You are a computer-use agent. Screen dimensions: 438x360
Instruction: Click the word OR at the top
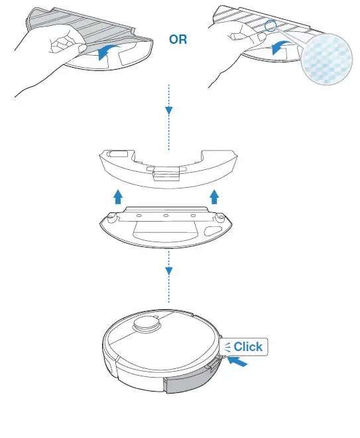178,39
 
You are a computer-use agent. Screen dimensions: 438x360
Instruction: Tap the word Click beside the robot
248,346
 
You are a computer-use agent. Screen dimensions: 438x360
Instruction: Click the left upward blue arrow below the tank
117,196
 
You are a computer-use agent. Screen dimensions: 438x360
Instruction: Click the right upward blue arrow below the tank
214,196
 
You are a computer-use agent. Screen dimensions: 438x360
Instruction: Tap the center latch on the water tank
166,173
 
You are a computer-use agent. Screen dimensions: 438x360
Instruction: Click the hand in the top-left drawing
46,56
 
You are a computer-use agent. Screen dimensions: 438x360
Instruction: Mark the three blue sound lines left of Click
227,346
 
